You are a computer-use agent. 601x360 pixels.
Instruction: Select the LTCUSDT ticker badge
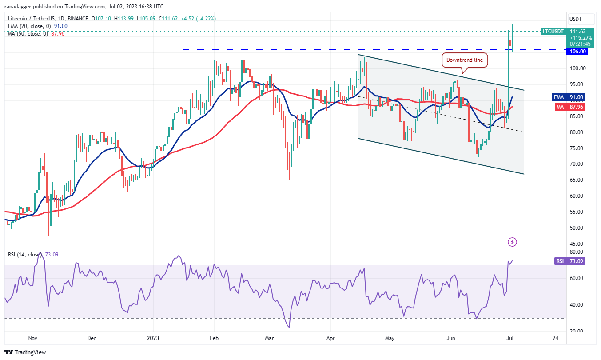553,31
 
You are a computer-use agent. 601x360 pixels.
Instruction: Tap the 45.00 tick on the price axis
577,244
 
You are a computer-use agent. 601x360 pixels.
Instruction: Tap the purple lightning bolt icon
513,242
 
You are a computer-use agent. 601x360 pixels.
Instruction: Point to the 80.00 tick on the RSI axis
577,252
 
